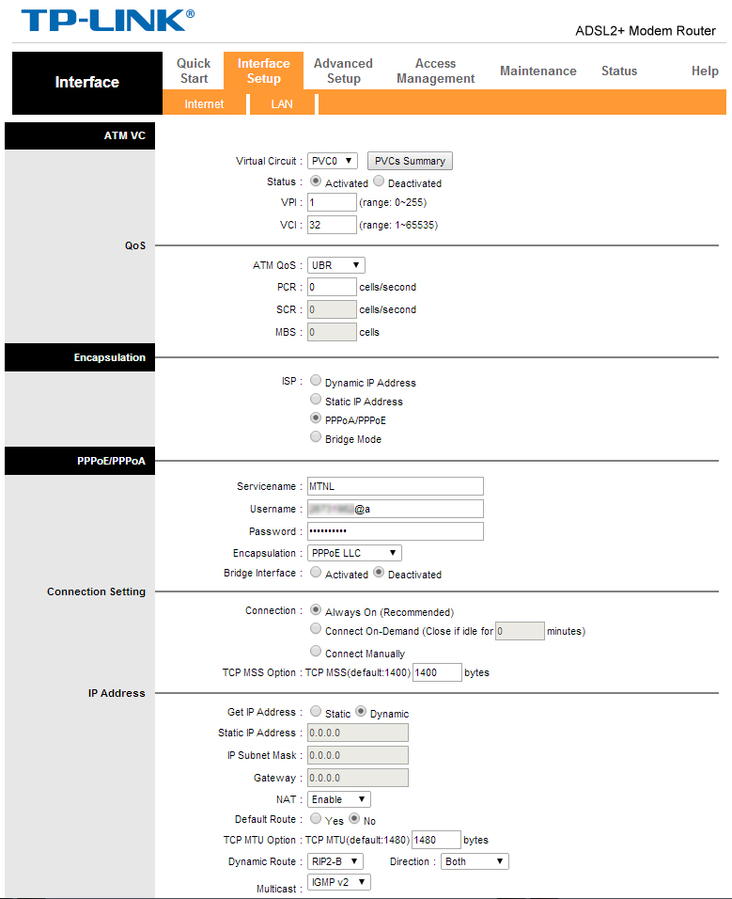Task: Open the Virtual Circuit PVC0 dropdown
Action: click(x=333, y=161)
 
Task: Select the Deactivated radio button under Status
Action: click(x=379, y=181)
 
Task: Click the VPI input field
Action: click(x=332, y=202)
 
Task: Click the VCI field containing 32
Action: click(x=332, y=225)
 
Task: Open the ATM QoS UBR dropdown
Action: click(x=335, y=265)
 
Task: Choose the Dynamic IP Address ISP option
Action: click(x=316, y=381)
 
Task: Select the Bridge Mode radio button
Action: click(x=316, y=437)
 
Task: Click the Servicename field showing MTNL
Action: click(x=395, y=486)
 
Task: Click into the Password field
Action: click(x=395, y=531)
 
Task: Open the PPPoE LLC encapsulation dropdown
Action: click(x=354, y=553)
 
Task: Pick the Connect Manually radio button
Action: click(x=316, y=652)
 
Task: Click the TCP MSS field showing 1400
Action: click(x=437, y=672)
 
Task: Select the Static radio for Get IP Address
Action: click(x=316, y=712)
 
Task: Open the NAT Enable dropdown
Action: click(x=339, y=799)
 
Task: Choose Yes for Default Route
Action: click(x=316, y=819)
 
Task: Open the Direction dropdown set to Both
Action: click(x=475, y=861)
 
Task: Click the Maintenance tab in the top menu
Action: click(x=537, y=71)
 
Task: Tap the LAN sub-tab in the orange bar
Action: click(x=282, y=104)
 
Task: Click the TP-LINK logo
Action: click(x=107, y=21)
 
